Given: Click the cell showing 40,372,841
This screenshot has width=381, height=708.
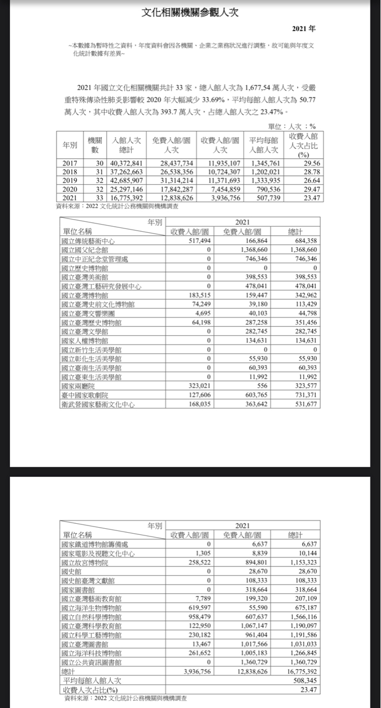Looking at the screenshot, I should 127,164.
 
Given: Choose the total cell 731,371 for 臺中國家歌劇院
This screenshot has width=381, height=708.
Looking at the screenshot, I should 303,396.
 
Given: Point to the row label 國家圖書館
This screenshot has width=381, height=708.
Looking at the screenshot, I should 77,590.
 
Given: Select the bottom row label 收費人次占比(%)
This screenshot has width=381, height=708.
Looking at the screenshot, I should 91,690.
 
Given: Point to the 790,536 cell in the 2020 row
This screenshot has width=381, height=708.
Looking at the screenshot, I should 265,189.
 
